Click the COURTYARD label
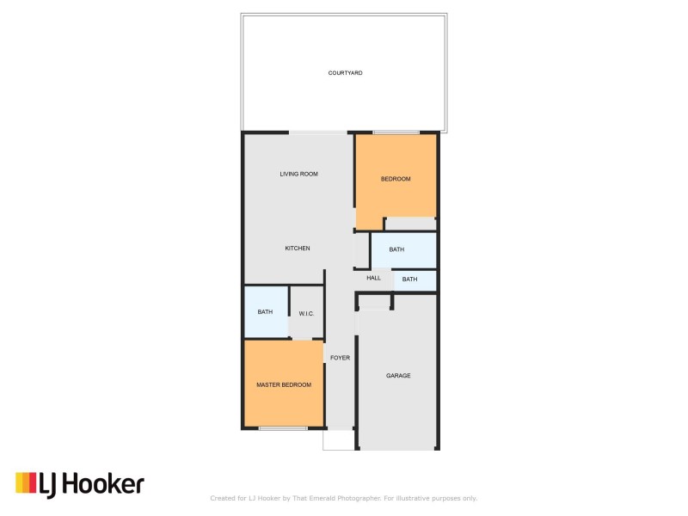tap(345, 73)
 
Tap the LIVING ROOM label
tap(298, 174)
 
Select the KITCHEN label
tap(298, 249)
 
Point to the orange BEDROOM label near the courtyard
tap(396, 179)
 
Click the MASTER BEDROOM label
tap(284, 384)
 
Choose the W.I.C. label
tap(306, 313)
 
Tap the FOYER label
tap(340, 358)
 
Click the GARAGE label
tap(398, 376)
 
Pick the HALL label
tap(373, 278)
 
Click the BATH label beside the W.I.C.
tap(265, 311)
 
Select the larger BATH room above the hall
tap(402, 250)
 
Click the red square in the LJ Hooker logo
tap(32, 484)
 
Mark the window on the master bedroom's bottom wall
tap(283, 428)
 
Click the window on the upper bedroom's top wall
tap(396, 132)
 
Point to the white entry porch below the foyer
tap(338, 439)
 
